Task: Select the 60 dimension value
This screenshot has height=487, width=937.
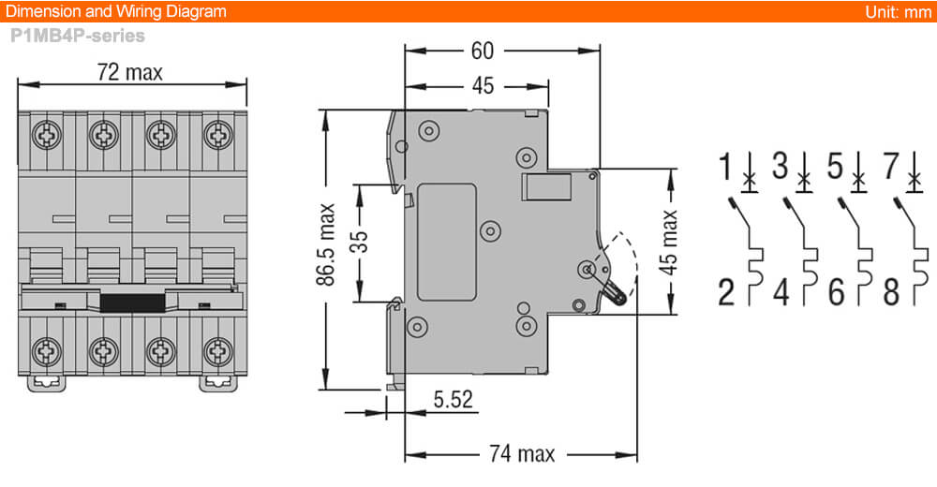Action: [482, 50]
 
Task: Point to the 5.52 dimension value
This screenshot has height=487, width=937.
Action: [453, 400]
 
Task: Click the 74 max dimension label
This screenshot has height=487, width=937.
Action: [522, 454]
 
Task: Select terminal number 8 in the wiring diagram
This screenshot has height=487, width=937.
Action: [891, 293]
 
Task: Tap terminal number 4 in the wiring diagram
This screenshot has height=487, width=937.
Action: [781, 293]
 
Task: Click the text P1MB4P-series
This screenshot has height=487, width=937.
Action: [78, 37]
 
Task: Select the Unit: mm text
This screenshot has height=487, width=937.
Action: [898, 11]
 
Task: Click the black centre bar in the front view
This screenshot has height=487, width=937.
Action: [132, 302]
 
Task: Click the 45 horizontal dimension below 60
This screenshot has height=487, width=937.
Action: [482, 86]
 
